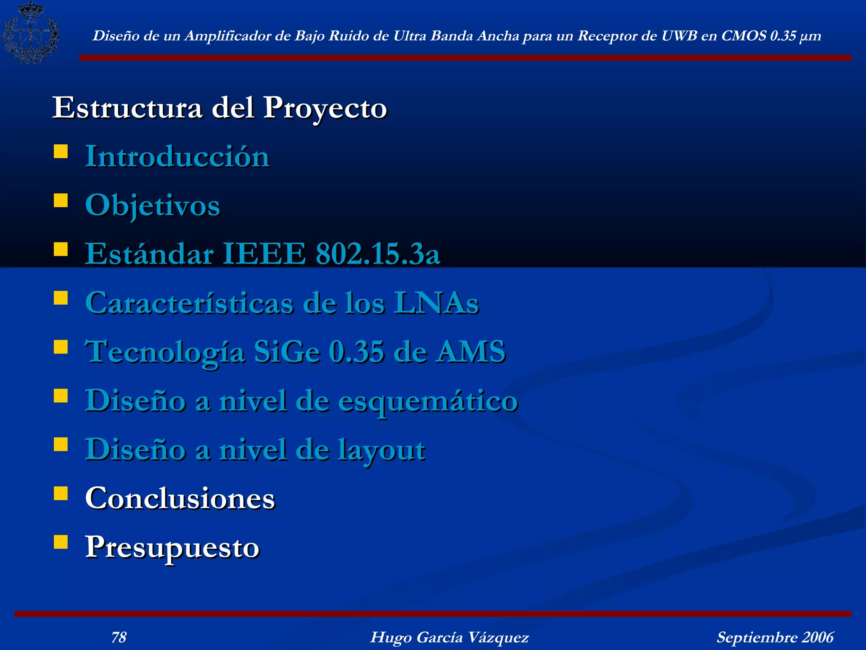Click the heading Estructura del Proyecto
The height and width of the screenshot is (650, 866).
point(219,108)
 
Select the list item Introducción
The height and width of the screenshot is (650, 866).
point(178,157)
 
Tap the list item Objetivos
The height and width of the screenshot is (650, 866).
point(153,206)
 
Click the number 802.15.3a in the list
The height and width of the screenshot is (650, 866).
point(378,254)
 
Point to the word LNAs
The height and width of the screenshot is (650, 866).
point(436,303)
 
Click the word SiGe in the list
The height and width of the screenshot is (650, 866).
point(287,352)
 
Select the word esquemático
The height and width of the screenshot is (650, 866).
point(428,401)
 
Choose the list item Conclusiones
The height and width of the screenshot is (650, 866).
point(180,498)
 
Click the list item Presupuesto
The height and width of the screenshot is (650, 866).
point(172,547)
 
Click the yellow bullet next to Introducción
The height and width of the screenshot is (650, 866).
point(61,151)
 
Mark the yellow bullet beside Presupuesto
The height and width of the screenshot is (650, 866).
point(61,542)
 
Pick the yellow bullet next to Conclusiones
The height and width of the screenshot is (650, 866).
point(61,493)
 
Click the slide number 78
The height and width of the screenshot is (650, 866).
point(119,637)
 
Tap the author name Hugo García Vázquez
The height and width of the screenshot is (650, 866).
point(449,637)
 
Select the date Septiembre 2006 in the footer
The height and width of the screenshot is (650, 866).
point(775,637)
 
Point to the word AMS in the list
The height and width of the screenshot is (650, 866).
point(471,352)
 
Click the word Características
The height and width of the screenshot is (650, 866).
point(189,303)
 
